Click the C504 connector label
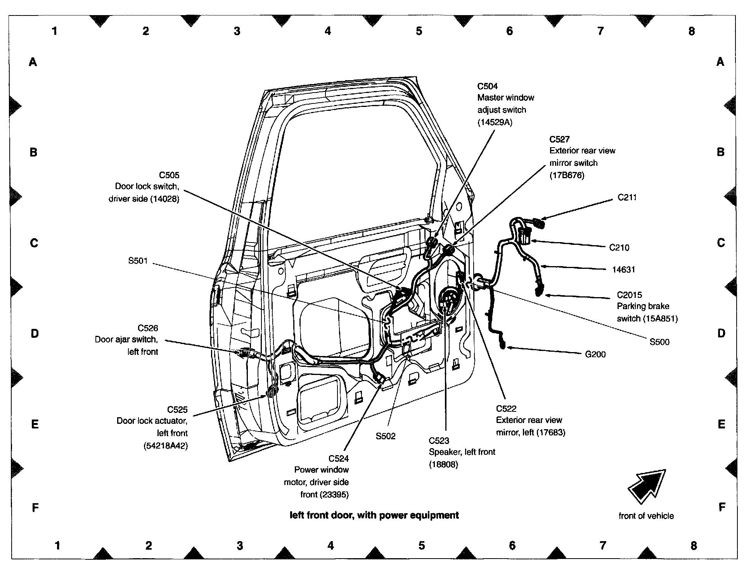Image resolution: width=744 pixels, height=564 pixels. pyautogui.click(x=487, y=86)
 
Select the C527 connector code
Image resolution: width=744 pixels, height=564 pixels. pyautogui.click(x=559, y=139)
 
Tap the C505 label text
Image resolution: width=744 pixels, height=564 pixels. pyautogui.click(x=169, y=175)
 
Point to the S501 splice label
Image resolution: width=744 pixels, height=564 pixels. pyautogui.click(x=138, y=261)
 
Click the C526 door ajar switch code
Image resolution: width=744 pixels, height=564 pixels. pyautogui.click(x=148, y=328)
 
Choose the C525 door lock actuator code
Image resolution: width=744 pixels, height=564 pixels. pyautogui.click(x=177, y=409)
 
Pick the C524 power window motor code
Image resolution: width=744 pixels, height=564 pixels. pyautogui.click(x=338, y=458)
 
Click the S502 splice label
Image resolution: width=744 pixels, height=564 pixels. pyautogui.click(x=386, y=436)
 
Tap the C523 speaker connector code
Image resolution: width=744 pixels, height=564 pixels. pyautogui.click(x=439, y=440)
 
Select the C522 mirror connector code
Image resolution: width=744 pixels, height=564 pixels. pyautogui.click(x=506, y=408)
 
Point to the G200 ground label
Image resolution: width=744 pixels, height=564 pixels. pyautogui.click(x=595, y=354)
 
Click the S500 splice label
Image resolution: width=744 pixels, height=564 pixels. pyautogui.click(x=659, y=342)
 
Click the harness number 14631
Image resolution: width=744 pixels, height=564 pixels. pyautogui.click(x=624, y=270)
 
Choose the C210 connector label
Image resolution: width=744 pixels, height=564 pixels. pyautogui.click(x=619, y=248)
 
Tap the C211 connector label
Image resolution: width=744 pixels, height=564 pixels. pyautogui.click(x=627, y=198)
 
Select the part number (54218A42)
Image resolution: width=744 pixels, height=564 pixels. pyautogui.click(x=165, y=446)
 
